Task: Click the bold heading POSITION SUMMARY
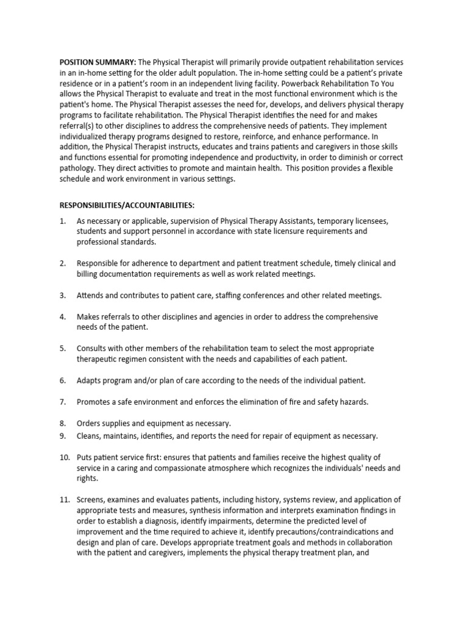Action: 97,63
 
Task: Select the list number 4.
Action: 62,317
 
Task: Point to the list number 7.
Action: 62,402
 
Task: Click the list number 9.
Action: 62,436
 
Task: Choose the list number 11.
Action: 64,500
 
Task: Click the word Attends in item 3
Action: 91,296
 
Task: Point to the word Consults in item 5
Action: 93,349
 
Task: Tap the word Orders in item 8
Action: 89,423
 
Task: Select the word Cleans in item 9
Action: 89,436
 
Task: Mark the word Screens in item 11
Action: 91,500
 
